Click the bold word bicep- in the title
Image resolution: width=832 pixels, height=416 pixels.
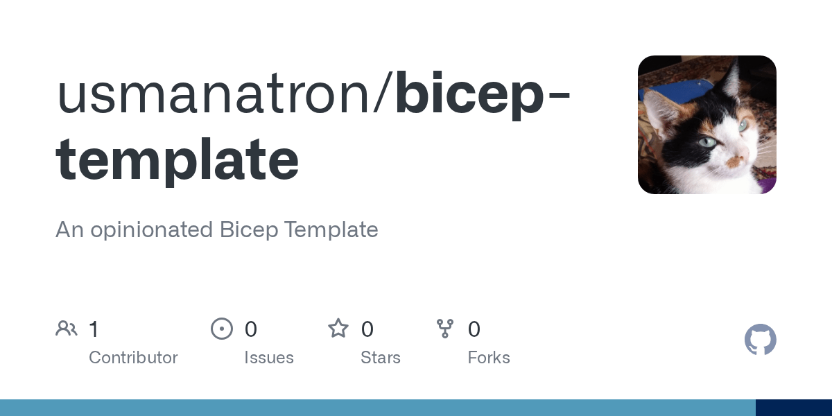pos(483,96)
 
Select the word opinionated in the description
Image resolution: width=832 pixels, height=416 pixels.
pos(152,230)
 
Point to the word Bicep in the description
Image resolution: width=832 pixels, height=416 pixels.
pos(249,230)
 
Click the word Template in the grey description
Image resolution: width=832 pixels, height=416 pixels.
pos(331,230)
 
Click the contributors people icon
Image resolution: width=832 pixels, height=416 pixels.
pos(67,329)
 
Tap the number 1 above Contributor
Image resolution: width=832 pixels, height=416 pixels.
pos(94,329)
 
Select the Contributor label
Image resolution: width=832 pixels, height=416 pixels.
pos(133,358)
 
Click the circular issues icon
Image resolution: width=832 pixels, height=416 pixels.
pos(222,329)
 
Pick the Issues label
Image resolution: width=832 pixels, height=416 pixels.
pos(269,358)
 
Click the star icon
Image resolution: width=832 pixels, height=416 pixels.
pos(338,329)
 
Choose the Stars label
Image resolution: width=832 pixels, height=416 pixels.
pos(381,358)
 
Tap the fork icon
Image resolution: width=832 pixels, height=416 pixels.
pos(445,329)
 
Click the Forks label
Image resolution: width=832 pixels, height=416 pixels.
pos(489,358)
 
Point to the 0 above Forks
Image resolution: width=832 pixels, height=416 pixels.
pos(474,329)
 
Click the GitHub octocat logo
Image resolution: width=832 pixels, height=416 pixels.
pos(761,340)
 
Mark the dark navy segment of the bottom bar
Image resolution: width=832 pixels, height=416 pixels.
pos(794,408)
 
